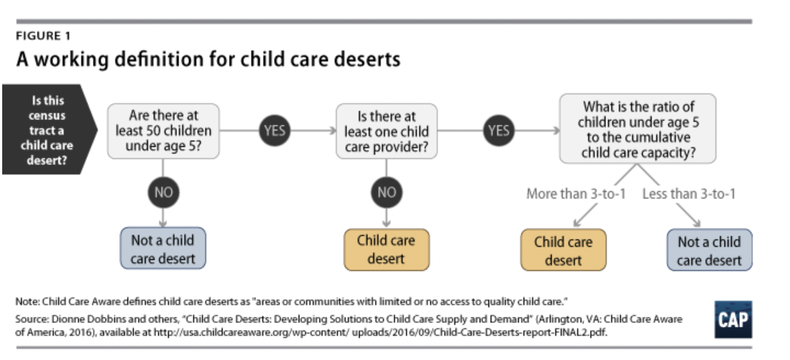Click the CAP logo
[733, 319]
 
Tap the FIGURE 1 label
[43, 37]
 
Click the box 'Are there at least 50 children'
[163, 131]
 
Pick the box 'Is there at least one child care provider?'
[386, 132]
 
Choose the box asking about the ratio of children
[637, 130]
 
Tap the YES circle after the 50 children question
[274, 131]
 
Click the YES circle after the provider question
[499, 131]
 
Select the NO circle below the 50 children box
[163, 193]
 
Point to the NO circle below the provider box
[386, 193]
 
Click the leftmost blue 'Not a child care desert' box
[163, 249]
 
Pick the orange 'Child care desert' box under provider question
[386, 249]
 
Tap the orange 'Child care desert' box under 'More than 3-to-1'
[563, 250]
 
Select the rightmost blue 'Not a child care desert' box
[709, 250]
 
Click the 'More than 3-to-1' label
[575, 194]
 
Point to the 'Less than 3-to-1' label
[689, 194]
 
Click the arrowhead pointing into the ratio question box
[556, 131]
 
